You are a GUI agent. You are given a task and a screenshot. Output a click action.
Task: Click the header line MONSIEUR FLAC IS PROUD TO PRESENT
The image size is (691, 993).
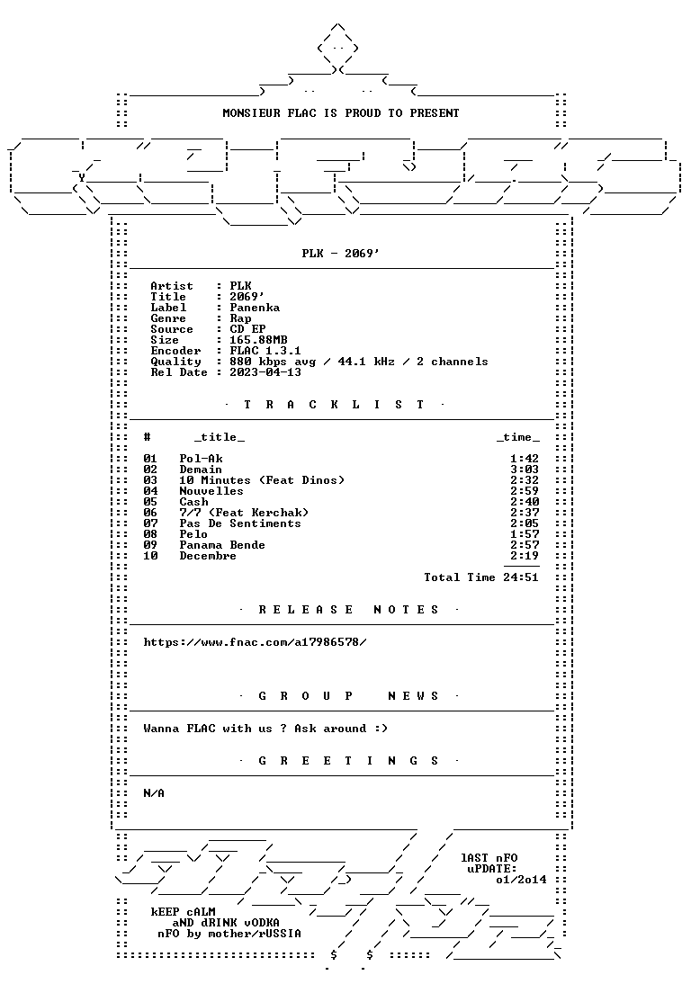tap(341, 113)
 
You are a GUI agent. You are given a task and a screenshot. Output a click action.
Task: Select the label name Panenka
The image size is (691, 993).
tap(255, 308)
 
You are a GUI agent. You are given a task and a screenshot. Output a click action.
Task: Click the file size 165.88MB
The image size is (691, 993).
tap(258, 340)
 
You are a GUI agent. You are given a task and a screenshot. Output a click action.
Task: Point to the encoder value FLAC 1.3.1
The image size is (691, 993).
tap(265, 351)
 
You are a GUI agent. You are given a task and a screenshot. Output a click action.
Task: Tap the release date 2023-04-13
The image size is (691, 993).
tap(265, 372)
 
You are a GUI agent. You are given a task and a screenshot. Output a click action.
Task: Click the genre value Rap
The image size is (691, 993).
tap(240, 318)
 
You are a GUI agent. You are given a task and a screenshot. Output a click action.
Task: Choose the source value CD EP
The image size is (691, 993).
tap(247, 329)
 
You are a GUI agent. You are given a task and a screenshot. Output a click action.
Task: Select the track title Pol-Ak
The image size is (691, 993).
tap(201, 459)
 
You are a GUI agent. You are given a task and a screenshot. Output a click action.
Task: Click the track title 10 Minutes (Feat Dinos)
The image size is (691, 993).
tap(262, 480)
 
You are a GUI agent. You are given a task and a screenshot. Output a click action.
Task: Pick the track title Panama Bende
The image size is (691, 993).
tap(222, 545)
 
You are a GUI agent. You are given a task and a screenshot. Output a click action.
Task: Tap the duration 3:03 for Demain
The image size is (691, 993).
tap(525, 470)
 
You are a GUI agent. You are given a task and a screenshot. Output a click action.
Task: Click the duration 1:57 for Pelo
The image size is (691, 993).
tap(525, 534)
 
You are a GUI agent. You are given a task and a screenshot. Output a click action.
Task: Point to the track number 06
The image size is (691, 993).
tap(150, 513)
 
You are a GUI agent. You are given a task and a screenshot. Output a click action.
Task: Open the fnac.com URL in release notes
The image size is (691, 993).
tap(255, 642)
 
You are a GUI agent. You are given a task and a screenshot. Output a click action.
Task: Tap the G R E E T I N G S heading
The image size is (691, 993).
tap(348, 761)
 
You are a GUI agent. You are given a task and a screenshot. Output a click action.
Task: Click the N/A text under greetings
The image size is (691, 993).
tap(154, 793)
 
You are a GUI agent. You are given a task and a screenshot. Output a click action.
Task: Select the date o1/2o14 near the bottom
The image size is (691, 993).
tap(521, 880)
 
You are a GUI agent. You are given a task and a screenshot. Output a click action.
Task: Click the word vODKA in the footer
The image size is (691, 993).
tap(262, 923)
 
